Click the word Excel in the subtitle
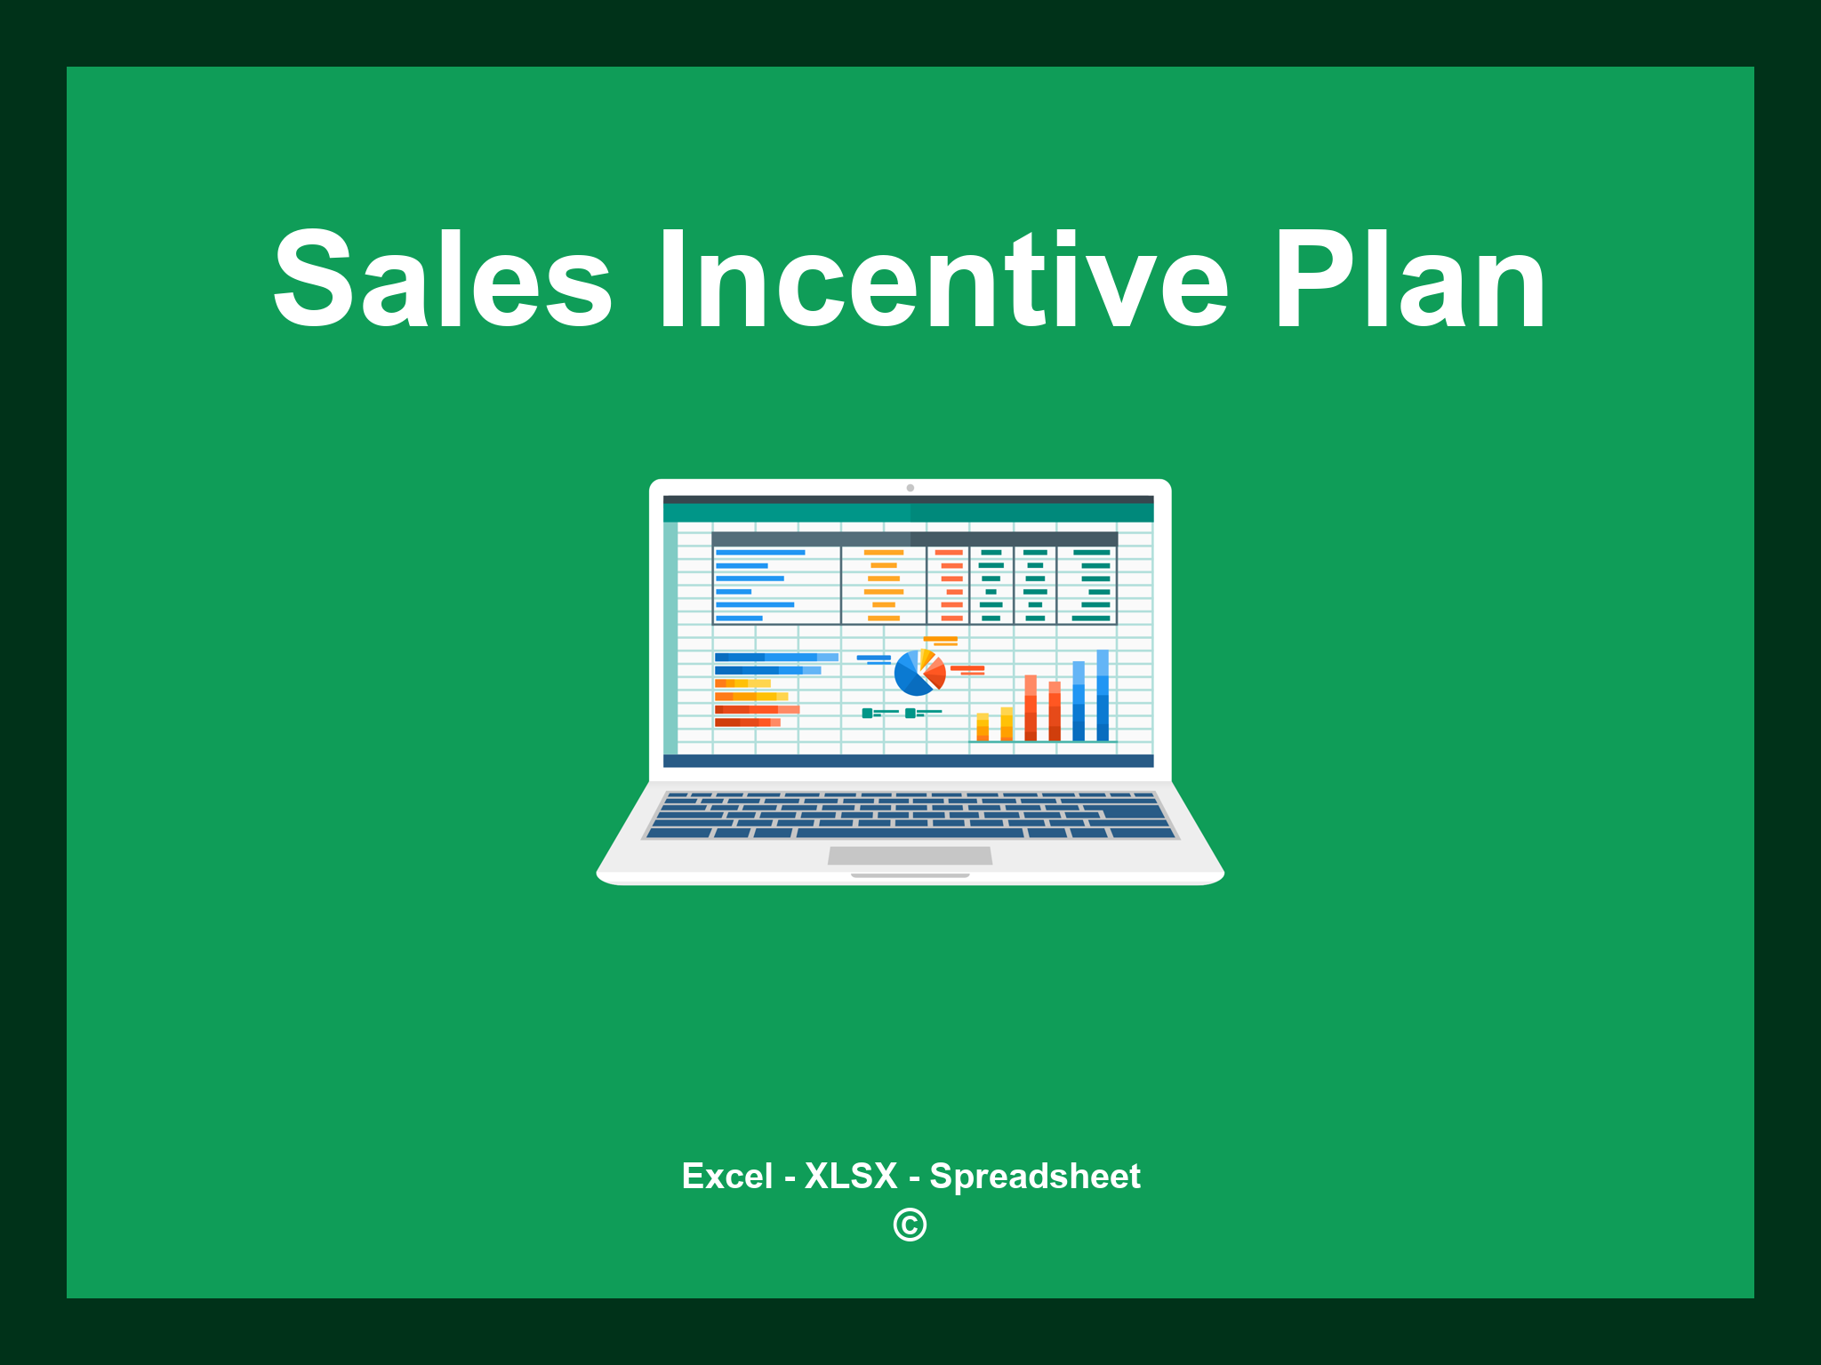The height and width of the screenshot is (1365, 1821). [x=726, y=1176]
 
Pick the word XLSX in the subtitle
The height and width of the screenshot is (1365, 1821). [x=851, y=1176]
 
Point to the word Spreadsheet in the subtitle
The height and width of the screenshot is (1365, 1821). [x=1034, y=1176]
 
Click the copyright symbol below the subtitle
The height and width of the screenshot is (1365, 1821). [x=910, y=1225]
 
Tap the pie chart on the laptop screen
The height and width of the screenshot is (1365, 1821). [x=919, y=673]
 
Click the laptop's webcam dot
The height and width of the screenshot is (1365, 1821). [x=910, y=488]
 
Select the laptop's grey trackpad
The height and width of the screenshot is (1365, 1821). [x=910, y=855]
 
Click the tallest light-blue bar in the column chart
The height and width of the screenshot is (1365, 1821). [x=1103, y=695]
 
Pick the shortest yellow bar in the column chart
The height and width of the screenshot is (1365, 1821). [x=983, y=726]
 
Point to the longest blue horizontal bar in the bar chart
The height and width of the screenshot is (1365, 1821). [x=775, y=657]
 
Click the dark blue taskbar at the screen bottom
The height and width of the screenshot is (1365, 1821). [x=908, y=761]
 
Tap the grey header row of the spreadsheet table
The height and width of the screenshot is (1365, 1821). [x=914, y=539]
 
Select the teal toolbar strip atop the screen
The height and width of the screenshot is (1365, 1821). [x=908, y=513]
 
